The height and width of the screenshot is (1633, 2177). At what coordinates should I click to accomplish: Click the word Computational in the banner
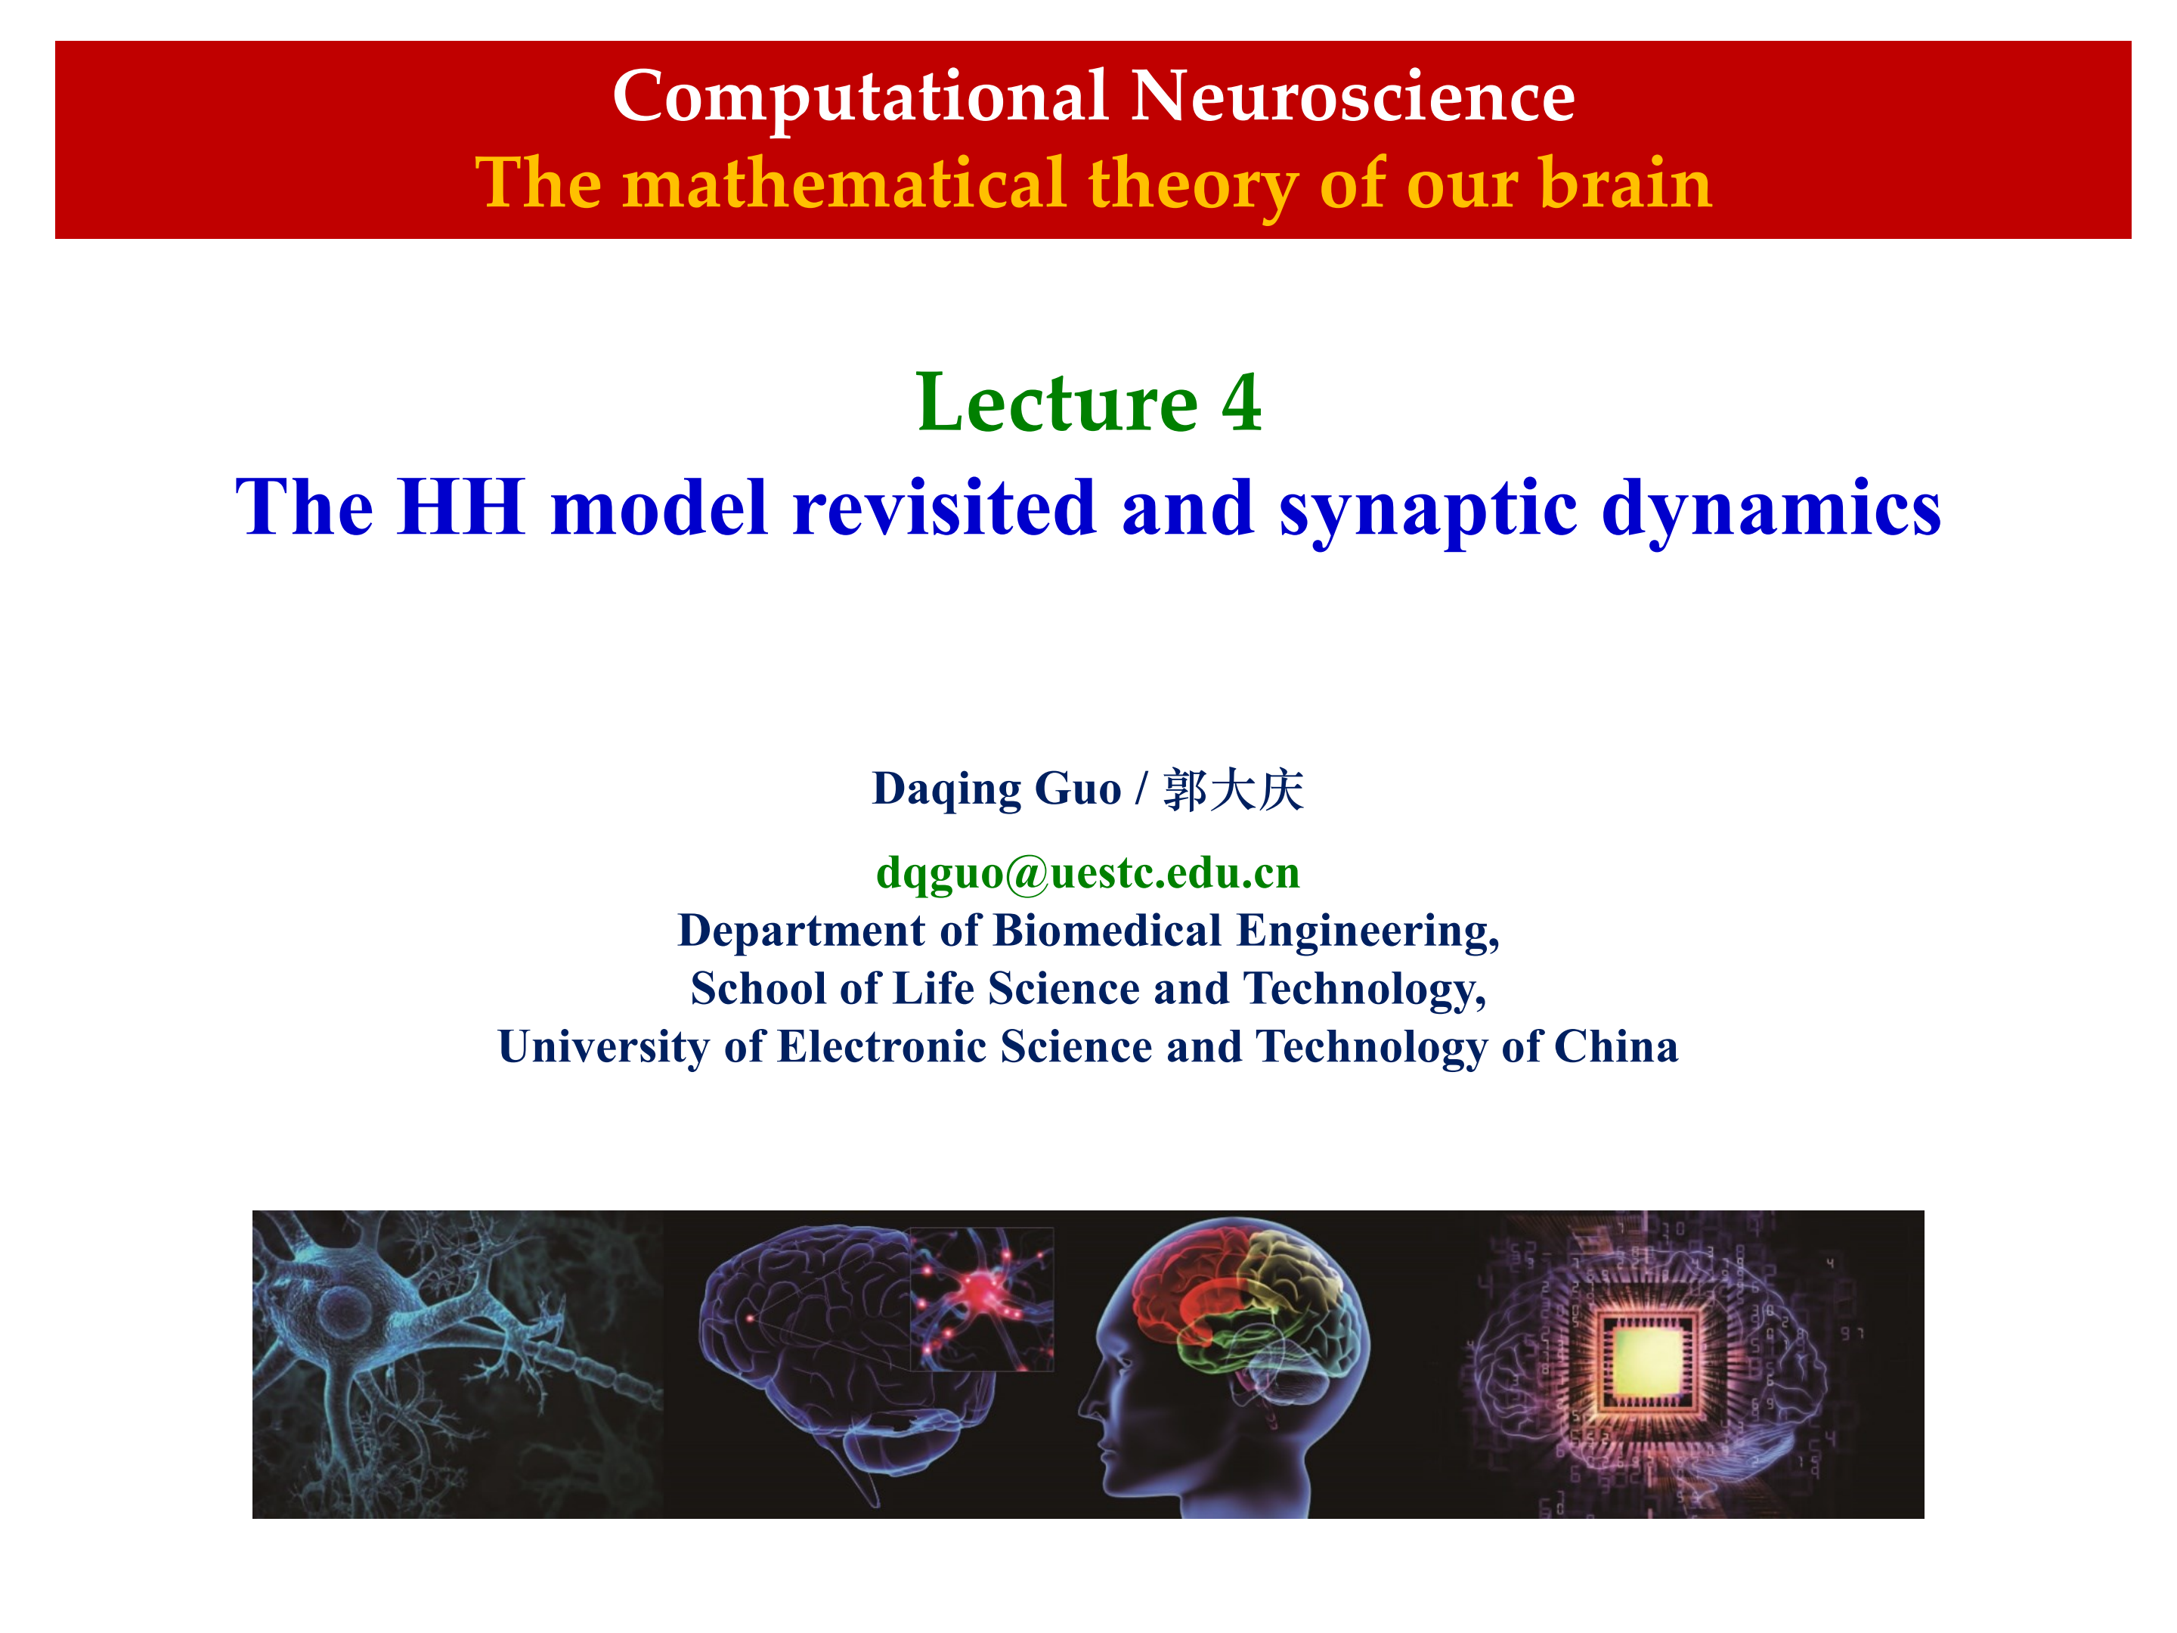tap(860, 98)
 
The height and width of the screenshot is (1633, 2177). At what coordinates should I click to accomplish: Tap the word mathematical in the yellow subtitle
tap(844, 183)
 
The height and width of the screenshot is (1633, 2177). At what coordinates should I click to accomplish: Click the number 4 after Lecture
tap(1242, 404)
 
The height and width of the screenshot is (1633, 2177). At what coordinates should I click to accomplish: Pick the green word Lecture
tap(1057, 403)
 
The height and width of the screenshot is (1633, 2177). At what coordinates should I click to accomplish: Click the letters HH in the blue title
tap(460, 507)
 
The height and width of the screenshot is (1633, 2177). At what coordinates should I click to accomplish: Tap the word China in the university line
tap(1616, 1046)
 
